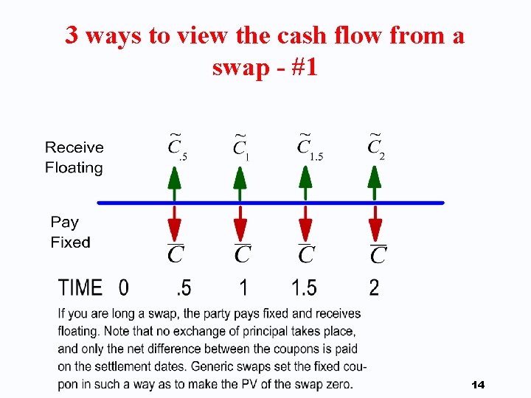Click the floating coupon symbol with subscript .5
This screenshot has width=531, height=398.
click(177, 147)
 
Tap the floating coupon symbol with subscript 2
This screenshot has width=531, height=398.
click(376, 147)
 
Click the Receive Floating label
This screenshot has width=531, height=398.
click(74, 158)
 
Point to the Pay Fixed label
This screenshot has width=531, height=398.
click(70, 232)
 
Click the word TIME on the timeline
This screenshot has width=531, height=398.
click(80, 287)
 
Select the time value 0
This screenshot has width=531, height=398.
click(123, 287)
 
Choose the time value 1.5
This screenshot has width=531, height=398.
click(304, 287)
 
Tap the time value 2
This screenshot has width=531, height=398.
click(374, 287)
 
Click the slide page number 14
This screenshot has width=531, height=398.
click(477, 385)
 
